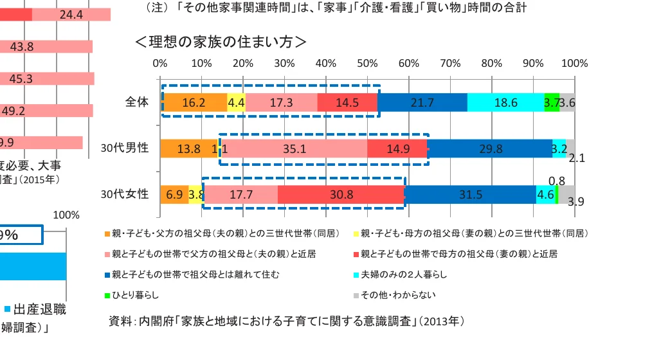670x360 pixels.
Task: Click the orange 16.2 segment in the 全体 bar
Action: [x=194, y=102]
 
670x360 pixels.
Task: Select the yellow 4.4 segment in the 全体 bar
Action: [x=236, y=102]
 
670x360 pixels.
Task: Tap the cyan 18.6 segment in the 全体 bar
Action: [x=505, y=102]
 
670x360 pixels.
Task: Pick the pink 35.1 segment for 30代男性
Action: [x=294, y=148]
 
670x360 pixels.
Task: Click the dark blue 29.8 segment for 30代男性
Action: [x=490, y=148]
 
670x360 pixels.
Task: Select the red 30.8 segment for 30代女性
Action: [x=341, y=194]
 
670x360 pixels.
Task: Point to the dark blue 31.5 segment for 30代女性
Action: [x=471, y=194]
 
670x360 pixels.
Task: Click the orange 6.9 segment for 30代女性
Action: [x=174, y=194]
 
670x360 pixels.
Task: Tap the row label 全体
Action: [x=137, y=102]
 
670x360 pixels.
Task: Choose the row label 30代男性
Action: [x=125, y=148]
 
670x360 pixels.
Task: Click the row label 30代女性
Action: [x=125, y=194]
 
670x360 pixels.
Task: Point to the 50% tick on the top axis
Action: [x=367, y=64]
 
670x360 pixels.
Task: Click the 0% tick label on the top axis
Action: [x=160, y=64]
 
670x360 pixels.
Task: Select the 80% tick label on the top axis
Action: [x=492, y=64]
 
